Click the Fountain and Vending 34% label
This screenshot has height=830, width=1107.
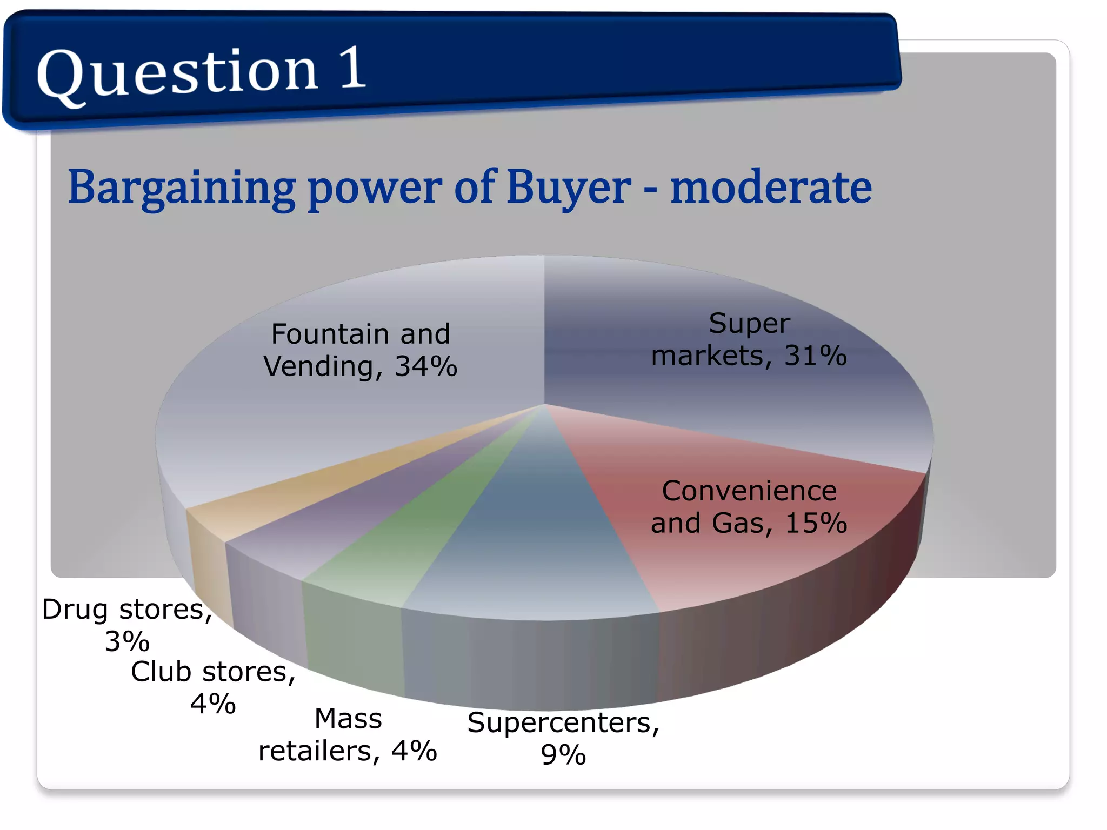pos(360,350)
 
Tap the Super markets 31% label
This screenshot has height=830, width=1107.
pos(749,339)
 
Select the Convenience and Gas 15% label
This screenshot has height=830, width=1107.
pos(749,507)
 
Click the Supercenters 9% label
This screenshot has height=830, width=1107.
pos(563,738)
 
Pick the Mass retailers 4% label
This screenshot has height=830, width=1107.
pos(348,735)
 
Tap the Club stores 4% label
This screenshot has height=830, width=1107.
pos(213,687)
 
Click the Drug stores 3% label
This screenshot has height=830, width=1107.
pos(127,625)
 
